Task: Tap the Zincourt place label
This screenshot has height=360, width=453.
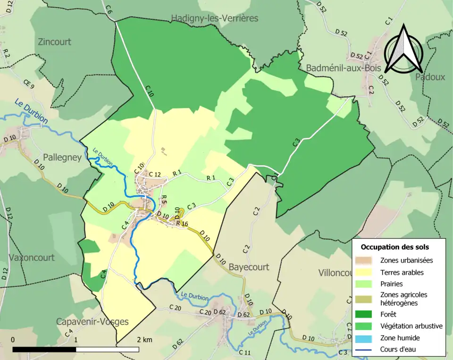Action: pos(54,42)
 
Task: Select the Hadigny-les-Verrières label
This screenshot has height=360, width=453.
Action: pos(215,18)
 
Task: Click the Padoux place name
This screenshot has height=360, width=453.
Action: pos(430,77)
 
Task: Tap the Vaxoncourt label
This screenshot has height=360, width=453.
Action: pos(32,258)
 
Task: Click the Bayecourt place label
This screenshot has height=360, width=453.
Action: pos(249,267)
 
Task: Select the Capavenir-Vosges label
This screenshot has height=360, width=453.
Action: pos(92,322)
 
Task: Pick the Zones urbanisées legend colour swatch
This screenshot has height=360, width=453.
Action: pos(366,260)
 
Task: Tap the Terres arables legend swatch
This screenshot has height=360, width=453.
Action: pos(366,272)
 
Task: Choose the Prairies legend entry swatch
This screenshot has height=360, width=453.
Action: pos(366,285)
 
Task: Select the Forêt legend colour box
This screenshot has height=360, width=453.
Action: pos(366,314)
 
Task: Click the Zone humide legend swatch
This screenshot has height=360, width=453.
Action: pos(366,338)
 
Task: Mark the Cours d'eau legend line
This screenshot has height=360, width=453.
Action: pos(366,350)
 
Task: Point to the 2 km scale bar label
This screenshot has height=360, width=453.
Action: pos(144,340)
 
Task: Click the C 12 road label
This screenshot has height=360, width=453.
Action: pos(155,175)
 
